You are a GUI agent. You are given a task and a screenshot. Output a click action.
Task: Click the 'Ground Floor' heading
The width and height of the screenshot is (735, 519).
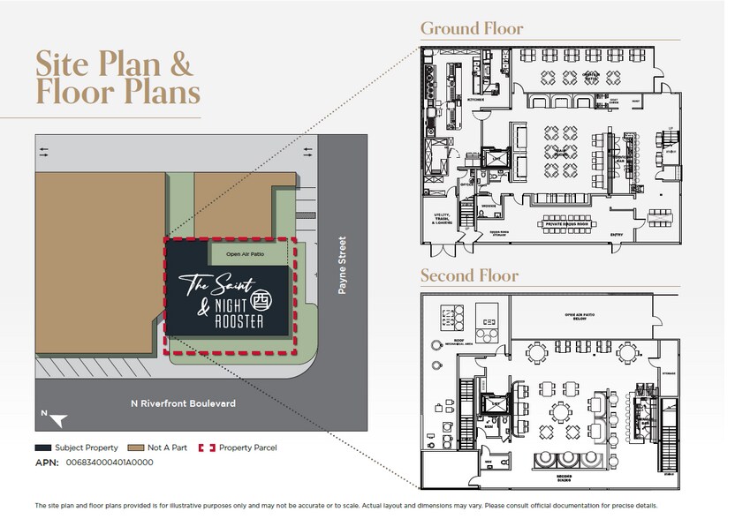point(471,27)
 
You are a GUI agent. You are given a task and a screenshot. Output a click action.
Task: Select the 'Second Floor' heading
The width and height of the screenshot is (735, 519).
point(469,275)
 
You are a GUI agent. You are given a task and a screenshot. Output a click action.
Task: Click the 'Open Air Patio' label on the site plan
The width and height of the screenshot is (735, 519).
point(246,254)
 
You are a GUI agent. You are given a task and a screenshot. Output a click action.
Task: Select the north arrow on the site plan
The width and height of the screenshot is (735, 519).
point(56,418)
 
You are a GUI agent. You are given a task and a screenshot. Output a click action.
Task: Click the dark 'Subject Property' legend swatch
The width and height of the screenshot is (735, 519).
point(43,448)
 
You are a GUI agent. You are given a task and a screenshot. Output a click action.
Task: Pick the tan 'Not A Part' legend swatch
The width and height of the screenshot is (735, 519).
point(137,448)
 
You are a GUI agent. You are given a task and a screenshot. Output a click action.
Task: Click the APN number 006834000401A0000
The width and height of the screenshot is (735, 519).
point(108,462)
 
